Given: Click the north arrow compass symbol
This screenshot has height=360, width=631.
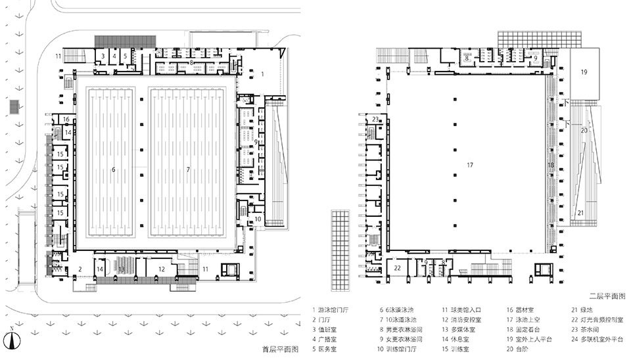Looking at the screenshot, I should pos(13,338).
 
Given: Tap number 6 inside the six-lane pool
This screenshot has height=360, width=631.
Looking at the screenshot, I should pos(114,169).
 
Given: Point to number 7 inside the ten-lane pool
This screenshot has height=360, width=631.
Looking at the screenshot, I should pos(188,169).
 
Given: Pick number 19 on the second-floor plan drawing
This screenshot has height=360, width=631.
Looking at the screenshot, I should pos(583,72).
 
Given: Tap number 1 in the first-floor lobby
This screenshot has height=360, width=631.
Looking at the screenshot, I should pos(263,74).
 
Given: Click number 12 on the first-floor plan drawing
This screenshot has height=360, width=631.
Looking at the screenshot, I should pos(162,269).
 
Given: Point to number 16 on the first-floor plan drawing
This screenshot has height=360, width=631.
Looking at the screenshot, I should pos(66,120).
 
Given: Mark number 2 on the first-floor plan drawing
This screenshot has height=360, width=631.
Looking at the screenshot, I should pos(80,269).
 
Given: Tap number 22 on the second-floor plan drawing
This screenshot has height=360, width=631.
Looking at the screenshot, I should pos(398,268).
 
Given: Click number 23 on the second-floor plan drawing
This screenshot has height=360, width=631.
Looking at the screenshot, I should pos(375,120).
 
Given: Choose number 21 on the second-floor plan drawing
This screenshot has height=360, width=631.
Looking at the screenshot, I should pos(580,212).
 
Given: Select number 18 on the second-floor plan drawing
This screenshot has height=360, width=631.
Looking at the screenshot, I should pos(551,165).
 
